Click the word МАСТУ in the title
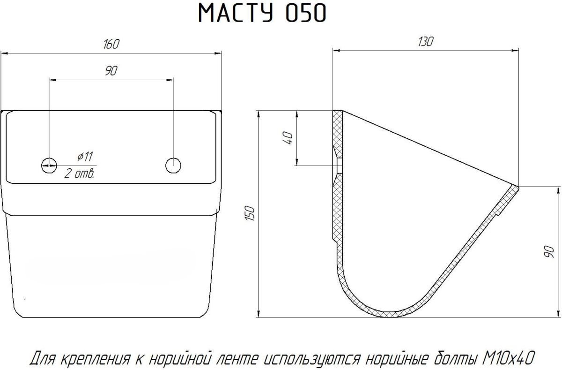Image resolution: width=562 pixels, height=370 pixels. (x=236, y=13)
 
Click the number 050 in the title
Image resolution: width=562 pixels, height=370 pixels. (x=306, y=13)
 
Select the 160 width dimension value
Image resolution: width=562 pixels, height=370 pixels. (x=111, y=44)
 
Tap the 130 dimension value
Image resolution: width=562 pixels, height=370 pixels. (x=426, y=42)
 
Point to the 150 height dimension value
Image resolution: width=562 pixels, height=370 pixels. (x=250, y=213)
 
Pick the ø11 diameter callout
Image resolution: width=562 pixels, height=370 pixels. (x=85, y=157)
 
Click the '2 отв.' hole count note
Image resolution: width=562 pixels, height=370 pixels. (x=80, y=174)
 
